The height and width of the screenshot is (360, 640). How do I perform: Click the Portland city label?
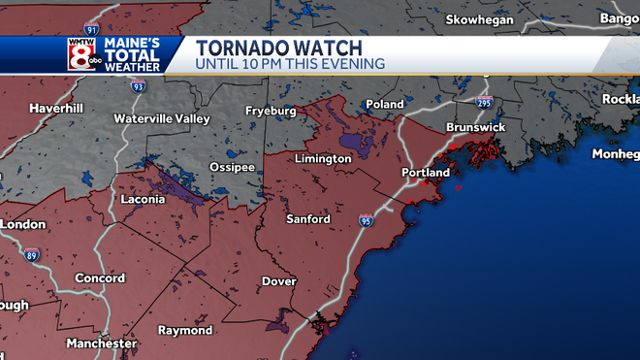(x=425, y=173)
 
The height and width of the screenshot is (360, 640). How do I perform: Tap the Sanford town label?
(x=307, y=219)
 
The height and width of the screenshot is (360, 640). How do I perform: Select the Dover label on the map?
(x=278, y=282)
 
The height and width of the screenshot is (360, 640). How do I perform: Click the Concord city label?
(x=100, y=278)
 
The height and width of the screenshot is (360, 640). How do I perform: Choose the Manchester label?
(x=101, y=344)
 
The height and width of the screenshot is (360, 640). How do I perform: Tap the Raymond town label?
(x=184, y=331)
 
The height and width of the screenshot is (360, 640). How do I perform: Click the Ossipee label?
(x=232, y=167)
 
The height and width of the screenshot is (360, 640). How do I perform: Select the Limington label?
(x=322, y=159)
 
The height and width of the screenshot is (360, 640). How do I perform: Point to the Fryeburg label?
(x=269, y=111)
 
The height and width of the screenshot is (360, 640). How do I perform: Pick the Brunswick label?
(x=476, y=127)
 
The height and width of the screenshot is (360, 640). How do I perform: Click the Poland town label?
(x=385, y=105)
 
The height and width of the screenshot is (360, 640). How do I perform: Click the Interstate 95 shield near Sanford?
(x=366, y=221)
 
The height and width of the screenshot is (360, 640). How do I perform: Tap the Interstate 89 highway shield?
(x=31, y=255)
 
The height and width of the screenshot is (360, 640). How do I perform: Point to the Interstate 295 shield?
(x=484, y=100)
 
